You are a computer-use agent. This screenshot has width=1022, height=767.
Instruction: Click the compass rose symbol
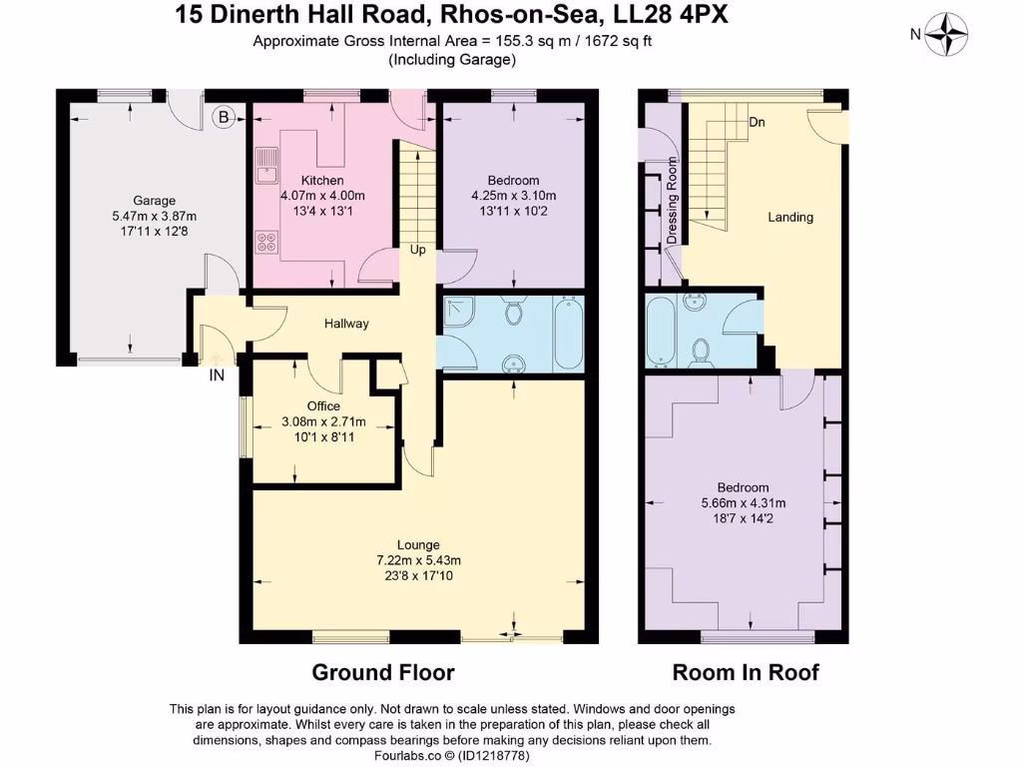[x=945, y=34]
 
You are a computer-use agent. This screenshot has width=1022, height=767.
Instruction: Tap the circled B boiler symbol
[x=225, y=118]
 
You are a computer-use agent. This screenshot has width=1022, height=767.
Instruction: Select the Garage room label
[x=154, y=200]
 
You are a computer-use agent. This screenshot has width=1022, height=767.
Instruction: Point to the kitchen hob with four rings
[x=267, y=240]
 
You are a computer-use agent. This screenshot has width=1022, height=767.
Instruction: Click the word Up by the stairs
[x=417, y=250]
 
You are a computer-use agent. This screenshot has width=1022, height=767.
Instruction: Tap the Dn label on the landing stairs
[x=758, y=122]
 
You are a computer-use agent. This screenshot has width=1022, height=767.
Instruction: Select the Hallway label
[x=346, y=324]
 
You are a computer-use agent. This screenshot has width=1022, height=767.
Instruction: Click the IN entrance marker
[x=216, y=377]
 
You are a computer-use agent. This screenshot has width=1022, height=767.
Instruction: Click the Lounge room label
[x=418, y=544]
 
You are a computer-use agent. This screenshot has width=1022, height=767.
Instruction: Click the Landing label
[x=789, y=217]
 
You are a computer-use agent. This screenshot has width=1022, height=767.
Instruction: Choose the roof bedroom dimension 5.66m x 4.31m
[x=744, y=502]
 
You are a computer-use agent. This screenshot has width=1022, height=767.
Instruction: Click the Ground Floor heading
[x=383, y=672]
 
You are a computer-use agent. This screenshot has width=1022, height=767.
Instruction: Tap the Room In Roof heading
[x=745, y=672]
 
